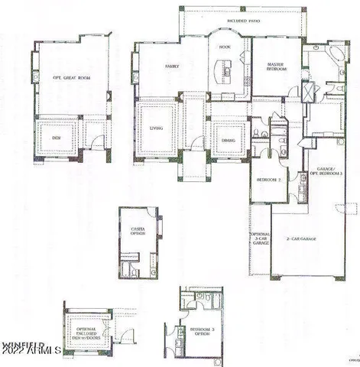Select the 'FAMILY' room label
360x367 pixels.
pyautogui.click(x=172, y=67)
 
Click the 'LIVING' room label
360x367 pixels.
pyautogui.click(x=156, y=128)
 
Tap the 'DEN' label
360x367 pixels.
pyautogui.click(x=56, y=138)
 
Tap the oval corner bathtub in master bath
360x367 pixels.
pyautogui.click(x=334, y=57)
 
